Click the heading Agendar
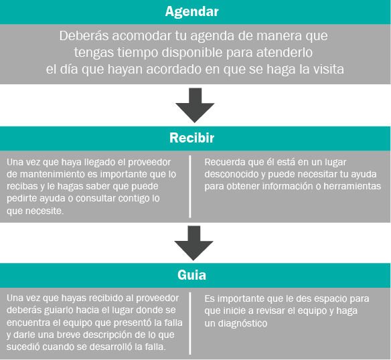coord(191,12)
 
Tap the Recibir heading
coord(191,138)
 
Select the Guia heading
coord(191,275)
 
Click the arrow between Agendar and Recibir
coord(195,105)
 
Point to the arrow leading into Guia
coord(193,243)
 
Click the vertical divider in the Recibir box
coord(190,187)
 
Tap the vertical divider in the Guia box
coord(190,323)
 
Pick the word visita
coord(329,69)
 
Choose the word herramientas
coord(352,186)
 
